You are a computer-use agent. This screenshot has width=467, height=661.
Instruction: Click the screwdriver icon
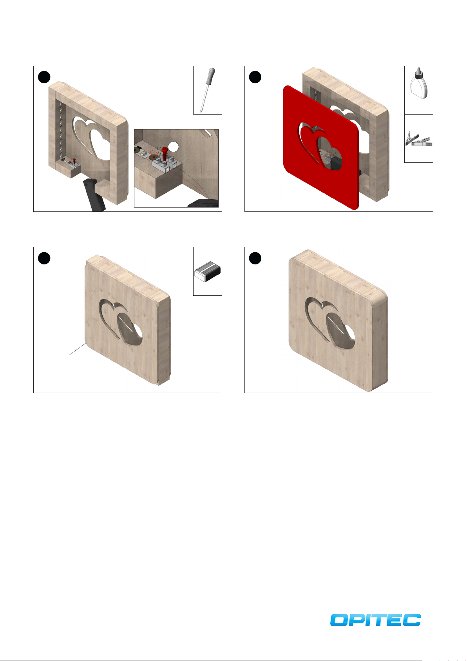coord(207,90)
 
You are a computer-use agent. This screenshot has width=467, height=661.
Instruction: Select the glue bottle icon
coord(419,83)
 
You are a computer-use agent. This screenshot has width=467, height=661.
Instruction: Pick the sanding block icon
coord(208,271)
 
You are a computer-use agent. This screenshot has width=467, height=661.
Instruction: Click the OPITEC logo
coord(375,619)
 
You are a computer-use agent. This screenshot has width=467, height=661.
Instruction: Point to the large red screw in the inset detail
coord(165,153)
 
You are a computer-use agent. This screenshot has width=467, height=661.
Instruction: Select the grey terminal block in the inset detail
coord(163,164)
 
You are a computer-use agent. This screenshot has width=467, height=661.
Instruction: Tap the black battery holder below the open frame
coord(94,195)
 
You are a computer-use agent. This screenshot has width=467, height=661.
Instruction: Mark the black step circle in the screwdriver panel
coord(44,77)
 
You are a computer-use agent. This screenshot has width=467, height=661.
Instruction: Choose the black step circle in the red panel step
coord(255,77)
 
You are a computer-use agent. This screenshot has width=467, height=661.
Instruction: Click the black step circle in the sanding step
coord(44,258)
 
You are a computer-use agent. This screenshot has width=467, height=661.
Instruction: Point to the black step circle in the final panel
coord(255,258)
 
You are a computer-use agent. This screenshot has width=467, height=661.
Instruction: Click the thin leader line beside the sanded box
coord(78,349)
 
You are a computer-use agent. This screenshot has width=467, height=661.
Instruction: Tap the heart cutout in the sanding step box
coord(121,322)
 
